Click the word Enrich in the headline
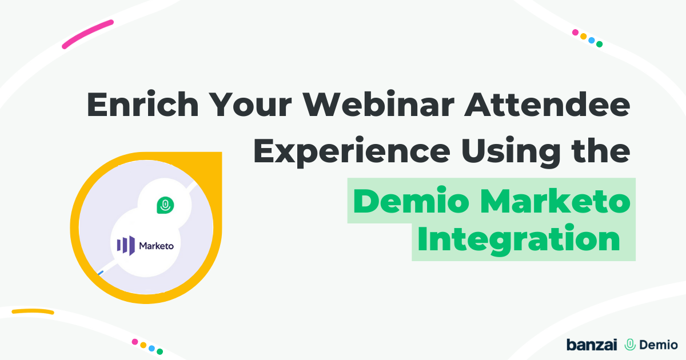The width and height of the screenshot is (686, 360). (x=143, y=103)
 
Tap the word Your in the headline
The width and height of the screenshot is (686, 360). (x=251, y=104)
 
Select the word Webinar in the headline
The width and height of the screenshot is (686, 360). (x=378, y=103)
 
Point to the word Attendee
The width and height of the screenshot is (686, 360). (x=547, y=104)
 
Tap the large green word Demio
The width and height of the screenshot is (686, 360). (x=411, y=201)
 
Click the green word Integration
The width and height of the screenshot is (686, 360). (x=519, y=239)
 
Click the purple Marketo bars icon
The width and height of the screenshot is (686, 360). (x=126, y=245)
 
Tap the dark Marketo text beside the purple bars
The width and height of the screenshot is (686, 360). (x=157, y=246)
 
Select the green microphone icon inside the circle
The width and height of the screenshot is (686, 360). (x=165, y=205)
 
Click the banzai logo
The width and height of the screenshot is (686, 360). (x=592, y=345)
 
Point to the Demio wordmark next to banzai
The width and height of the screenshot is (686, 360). (x=659, y=345)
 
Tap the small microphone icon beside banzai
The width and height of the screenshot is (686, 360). (x=630, y=345)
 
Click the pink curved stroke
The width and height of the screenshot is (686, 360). (x=87, y=34)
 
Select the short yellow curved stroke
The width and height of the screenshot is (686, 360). (x=33, y=311)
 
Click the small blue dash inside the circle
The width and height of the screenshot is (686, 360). (x=101, y=273)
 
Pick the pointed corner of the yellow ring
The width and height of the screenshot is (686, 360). (x=221, y=153)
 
